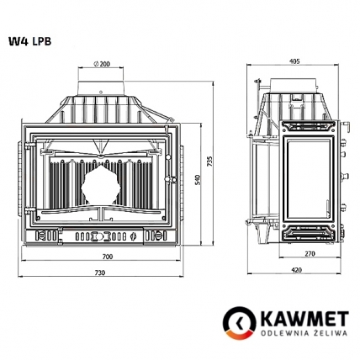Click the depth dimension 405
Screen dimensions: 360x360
coord(294,61)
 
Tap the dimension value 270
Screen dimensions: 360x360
coord(309,253)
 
